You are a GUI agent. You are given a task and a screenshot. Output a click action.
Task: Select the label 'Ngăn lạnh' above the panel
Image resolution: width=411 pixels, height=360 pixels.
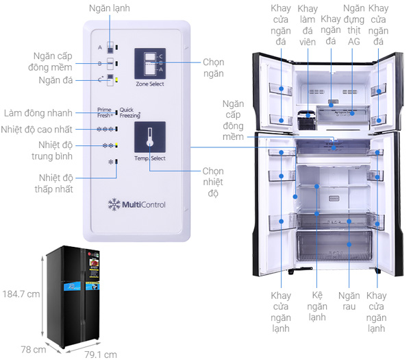coord(109,8)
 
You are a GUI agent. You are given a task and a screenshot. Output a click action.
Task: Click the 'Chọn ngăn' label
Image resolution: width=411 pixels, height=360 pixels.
coord(213,67)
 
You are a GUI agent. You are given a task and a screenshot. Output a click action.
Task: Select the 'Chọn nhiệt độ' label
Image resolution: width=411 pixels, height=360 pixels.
coord(212,182)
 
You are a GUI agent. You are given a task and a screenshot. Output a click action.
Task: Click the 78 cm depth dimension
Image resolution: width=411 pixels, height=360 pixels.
coord(34,349)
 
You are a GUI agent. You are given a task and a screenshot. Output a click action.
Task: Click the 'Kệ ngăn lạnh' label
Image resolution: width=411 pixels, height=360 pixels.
coord(316,307)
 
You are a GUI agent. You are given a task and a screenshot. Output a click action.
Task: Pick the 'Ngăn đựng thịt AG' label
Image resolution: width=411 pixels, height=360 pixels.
coord(353,26)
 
